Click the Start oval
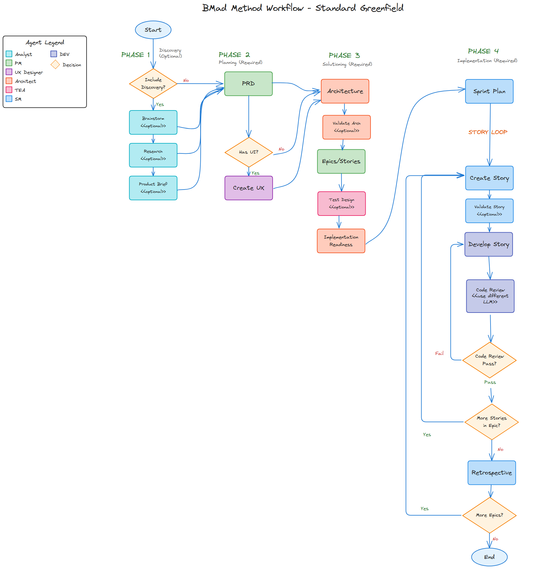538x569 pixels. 153,30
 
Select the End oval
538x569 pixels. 489,557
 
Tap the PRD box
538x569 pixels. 248,84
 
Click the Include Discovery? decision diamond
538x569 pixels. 153,84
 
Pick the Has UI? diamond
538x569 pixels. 249,152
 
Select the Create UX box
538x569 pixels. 249,188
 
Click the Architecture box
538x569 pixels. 345,91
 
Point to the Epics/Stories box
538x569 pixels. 341,162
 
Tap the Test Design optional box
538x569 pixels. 342,204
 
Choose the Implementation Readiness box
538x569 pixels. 341,241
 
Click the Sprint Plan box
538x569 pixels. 489,91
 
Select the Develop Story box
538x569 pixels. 489,244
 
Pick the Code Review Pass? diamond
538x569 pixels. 489,360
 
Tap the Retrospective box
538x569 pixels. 492,473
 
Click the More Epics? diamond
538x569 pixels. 489,515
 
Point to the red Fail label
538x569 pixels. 439,353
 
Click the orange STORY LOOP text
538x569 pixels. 488,132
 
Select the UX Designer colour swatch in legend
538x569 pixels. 9,72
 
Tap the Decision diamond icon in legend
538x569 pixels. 55,64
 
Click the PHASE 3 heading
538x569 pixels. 344,56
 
